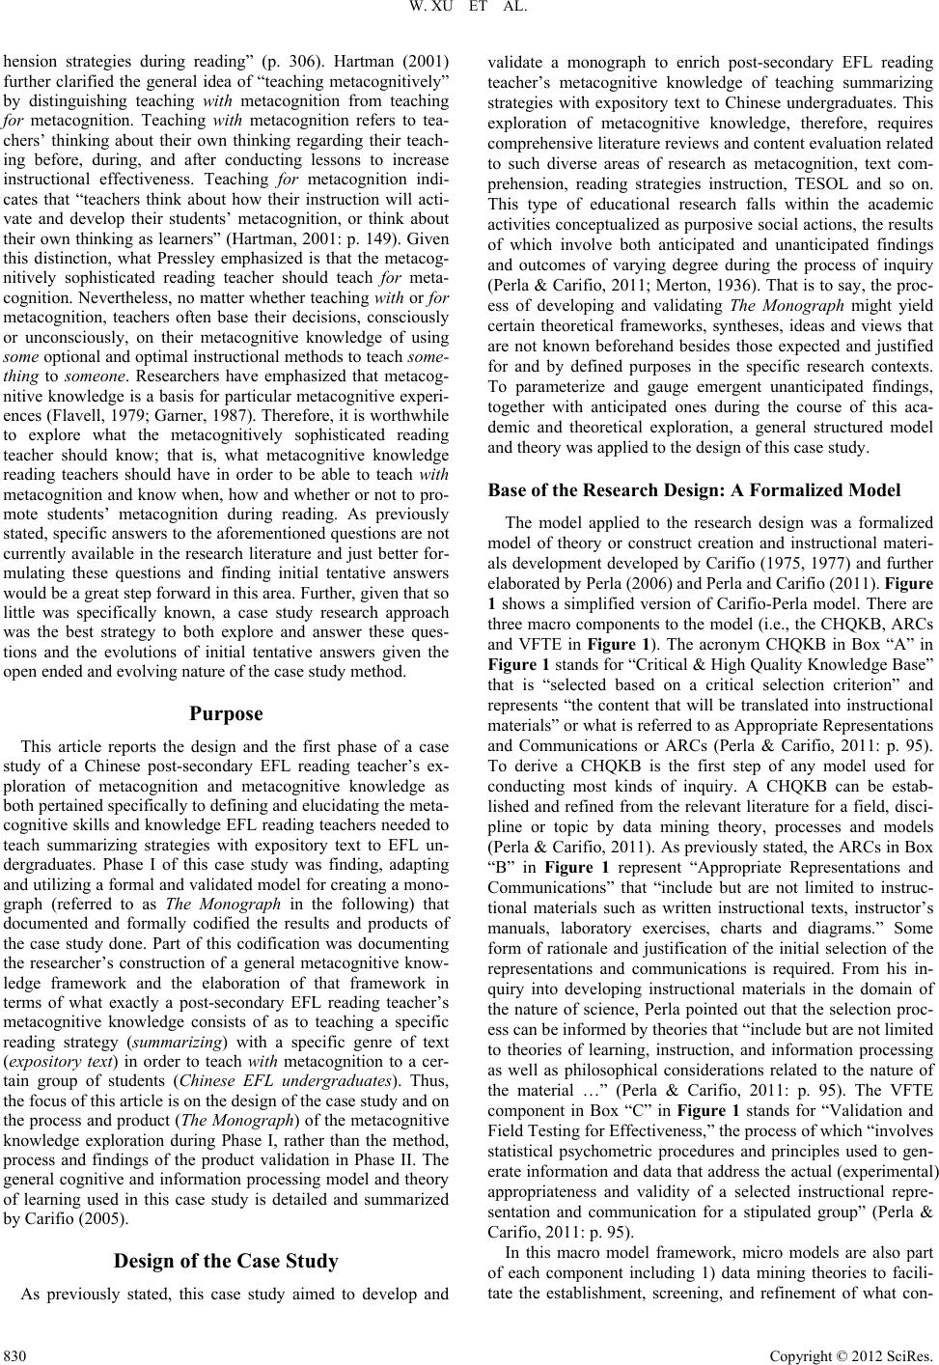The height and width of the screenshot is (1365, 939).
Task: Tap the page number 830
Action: [x=15, y=1349]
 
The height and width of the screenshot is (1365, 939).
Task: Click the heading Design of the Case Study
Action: [x=227, y=1288]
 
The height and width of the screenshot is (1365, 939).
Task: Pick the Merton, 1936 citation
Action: [x=705, y=259]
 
